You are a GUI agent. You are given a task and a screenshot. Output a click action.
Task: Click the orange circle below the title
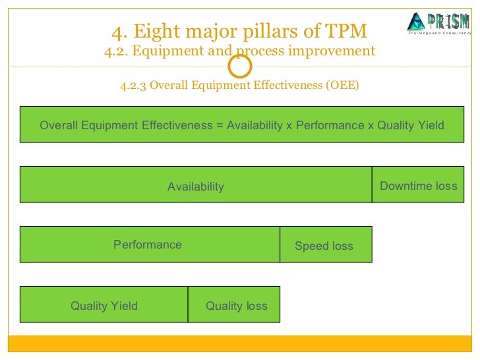[240, 67]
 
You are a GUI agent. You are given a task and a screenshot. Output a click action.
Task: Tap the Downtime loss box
[419, 185]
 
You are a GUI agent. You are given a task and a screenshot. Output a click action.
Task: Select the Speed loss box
[325, 245]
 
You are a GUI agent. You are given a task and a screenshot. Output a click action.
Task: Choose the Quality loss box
[236, 305]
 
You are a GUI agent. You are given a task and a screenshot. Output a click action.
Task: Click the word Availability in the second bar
[196, 187]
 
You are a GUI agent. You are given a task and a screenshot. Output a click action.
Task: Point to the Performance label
[148, 245]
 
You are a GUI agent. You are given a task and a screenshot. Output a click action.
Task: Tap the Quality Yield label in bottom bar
[104, 305]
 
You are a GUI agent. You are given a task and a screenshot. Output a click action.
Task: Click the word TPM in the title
[344, 31]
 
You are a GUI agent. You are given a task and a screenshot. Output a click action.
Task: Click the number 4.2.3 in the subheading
[133, 85]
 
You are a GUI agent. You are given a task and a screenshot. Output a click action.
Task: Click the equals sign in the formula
[220, 125]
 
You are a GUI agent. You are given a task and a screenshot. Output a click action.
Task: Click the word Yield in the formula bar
[430, 125]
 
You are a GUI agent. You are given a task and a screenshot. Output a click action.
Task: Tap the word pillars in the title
[261, 31]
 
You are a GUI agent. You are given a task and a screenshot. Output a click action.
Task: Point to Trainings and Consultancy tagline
[439, 33]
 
